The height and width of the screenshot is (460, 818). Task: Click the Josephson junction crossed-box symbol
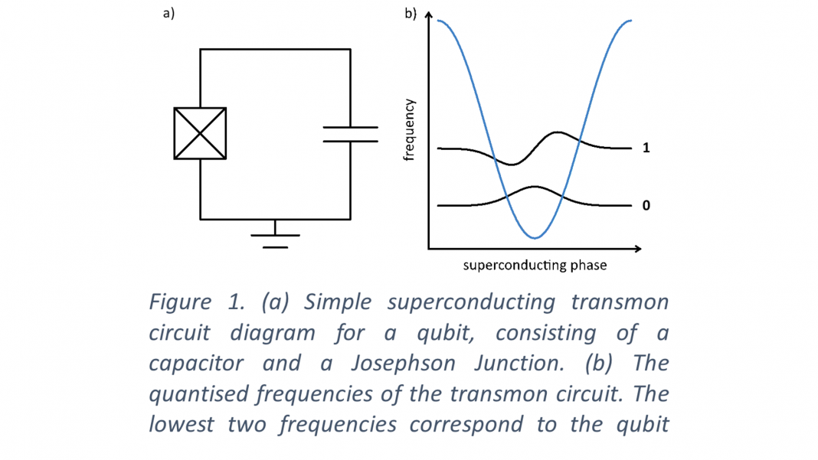point(200,133)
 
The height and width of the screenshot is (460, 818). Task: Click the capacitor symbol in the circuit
point(350,134)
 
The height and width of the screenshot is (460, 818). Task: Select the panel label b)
point(410,13)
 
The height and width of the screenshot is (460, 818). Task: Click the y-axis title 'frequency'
point(409,129)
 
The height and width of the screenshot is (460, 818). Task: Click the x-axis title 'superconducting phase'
point(535,266)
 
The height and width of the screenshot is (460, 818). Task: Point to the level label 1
point(646,148)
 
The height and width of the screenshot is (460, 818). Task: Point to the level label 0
point(646,206)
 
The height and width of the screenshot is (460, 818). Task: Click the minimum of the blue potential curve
point(535,238)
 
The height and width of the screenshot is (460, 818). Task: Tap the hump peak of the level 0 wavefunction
point(535,187)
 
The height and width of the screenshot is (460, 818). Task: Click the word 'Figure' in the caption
point(179,302)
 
